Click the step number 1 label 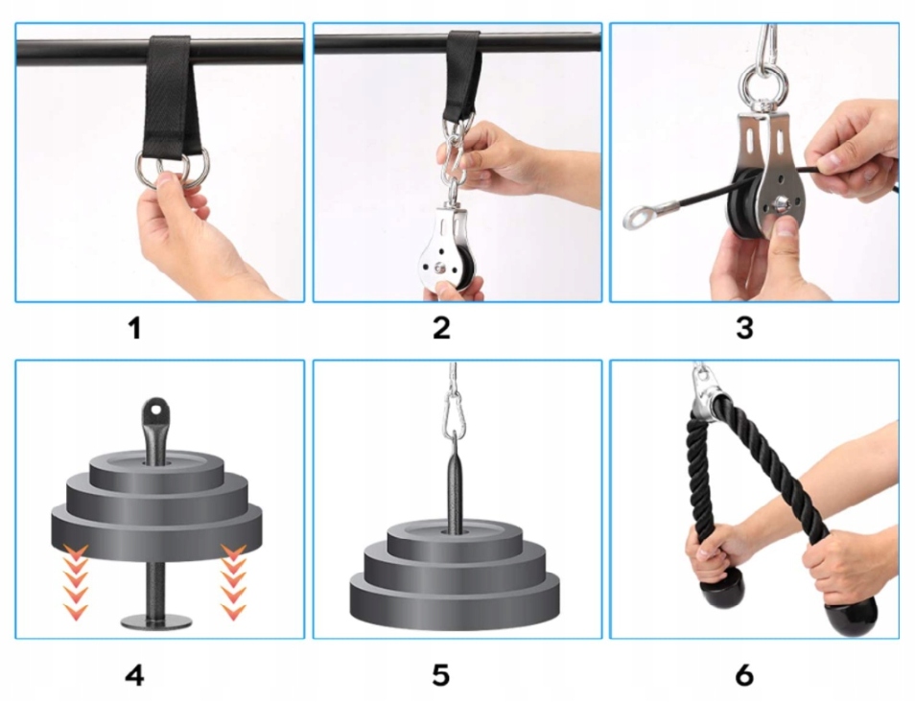135,328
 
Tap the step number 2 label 442,328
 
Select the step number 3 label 744,328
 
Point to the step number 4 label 135,675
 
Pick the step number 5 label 441,675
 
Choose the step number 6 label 744,675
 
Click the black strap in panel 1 171,99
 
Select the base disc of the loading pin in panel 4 155,621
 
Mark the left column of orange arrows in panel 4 76,581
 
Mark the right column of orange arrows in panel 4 234,581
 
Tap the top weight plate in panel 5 455,540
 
